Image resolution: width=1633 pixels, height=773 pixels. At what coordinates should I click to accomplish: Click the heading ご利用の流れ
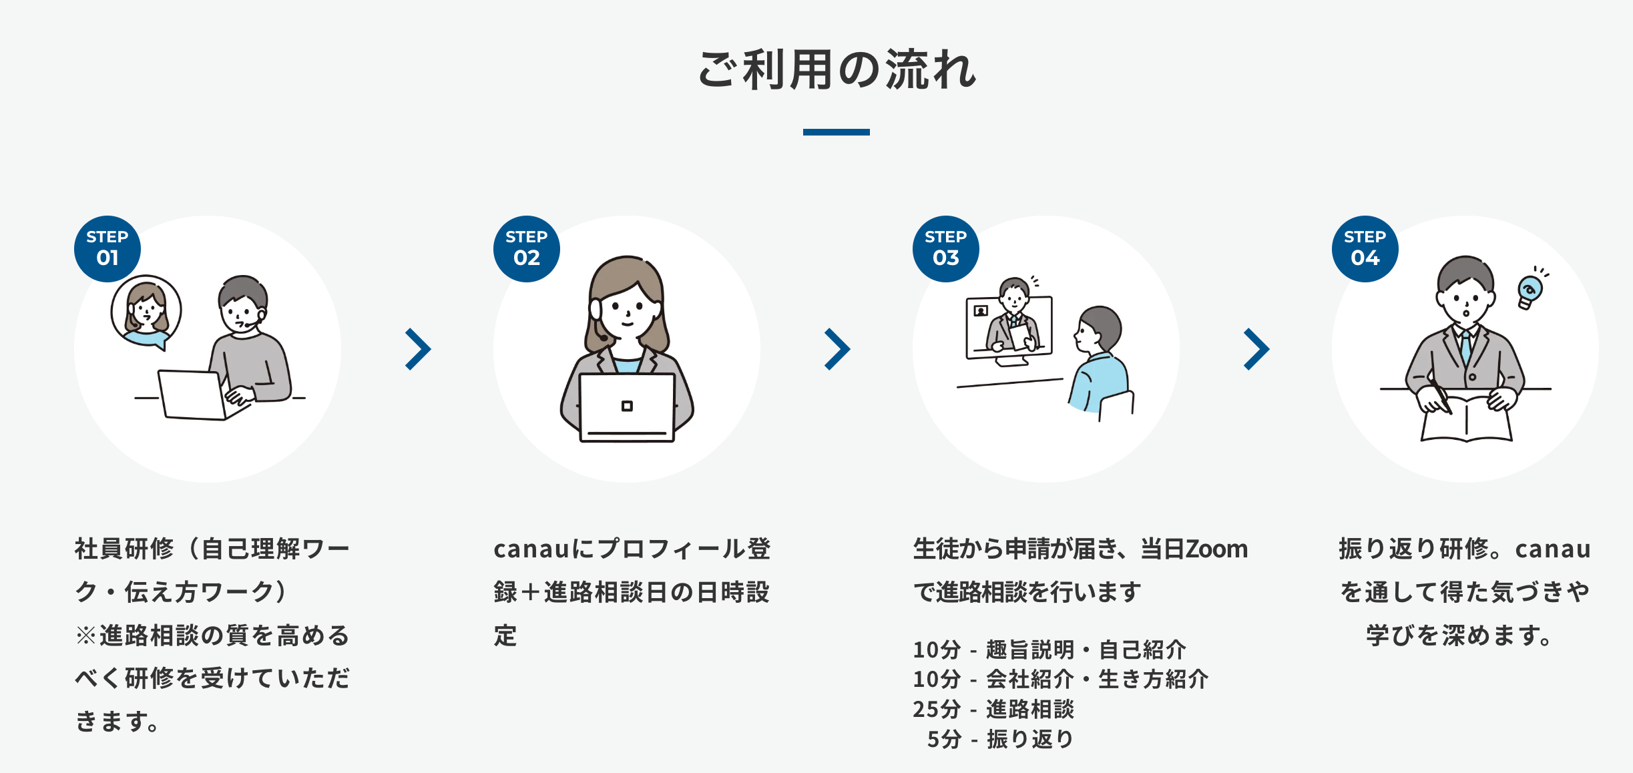pos(836,69)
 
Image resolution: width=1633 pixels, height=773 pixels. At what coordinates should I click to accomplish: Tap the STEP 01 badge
pos(107,248)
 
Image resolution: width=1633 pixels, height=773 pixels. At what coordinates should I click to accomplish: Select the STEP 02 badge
pos(526,248)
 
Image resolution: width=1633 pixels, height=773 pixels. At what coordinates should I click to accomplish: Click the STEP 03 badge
pos(945,248)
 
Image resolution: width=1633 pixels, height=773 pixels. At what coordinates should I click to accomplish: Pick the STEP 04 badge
pos(1365,248)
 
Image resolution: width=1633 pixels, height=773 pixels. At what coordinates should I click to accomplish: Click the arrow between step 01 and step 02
pos(418,349)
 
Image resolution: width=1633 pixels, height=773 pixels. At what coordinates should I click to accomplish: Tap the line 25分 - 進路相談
pos(993,709)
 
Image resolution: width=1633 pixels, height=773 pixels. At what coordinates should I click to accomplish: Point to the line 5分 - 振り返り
pos(1000,739)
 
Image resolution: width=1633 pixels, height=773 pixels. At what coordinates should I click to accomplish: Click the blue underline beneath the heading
pos(836,132)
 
